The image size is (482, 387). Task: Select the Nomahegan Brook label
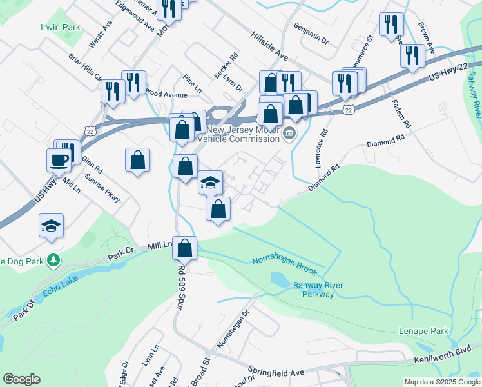[284, 260]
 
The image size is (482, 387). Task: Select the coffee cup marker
[58, 160]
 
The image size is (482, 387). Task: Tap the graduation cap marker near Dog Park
[52, 226]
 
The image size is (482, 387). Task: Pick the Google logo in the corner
[21, 379]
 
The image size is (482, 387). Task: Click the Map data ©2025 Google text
[442, 382]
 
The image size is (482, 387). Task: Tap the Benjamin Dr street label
[311, 35]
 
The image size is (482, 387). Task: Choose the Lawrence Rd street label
[322, 148]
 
